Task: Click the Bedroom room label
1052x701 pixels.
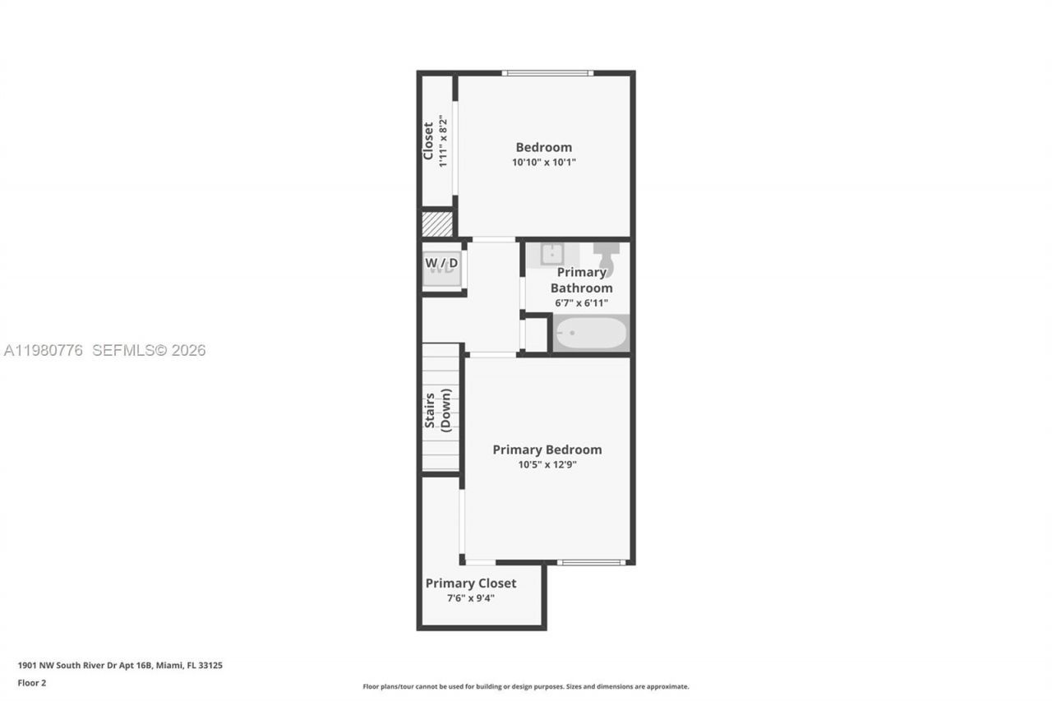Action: tap(543, 148)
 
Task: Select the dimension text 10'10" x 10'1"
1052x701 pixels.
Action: tap(543, 163)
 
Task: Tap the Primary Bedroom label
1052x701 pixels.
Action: tap(547, 450)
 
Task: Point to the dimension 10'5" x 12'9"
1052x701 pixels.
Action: tap(547, 464)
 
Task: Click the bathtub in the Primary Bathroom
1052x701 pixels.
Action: tap(591, 334)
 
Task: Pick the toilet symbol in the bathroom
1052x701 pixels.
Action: tap(607, 256)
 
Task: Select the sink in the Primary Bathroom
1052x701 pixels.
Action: tap(551, 255)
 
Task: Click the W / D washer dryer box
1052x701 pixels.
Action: tap(442, 265)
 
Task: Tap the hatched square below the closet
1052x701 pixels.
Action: tap(437, 224)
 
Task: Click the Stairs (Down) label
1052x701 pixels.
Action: tap(437, 408)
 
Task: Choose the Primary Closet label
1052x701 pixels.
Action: tap(471, 583)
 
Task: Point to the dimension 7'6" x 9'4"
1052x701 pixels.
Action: tap(471, 598)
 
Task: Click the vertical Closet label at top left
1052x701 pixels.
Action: tap(428, 141)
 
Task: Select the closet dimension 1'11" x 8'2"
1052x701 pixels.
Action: tap(443, 141)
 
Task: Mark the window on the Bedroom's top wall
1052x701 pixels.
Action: tap(547, 73)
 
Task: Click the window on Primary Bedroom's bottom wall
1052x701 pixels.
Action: tap(591, 562)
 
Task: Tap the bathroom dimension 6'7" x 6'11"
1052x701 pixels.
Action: tap(581, 303)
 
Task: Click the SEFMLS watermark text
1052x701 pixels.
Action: tap(148, 350)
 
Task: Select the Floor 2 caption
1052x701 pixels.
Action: tap(31, 683)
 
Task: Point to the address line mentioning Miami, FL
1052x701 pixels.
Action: tap(120, 666)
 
